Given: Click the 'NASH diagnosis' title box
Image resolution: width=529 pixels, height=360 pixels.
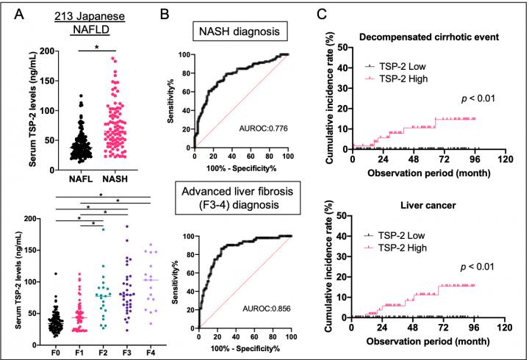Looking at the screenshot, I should pos(239,33).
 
